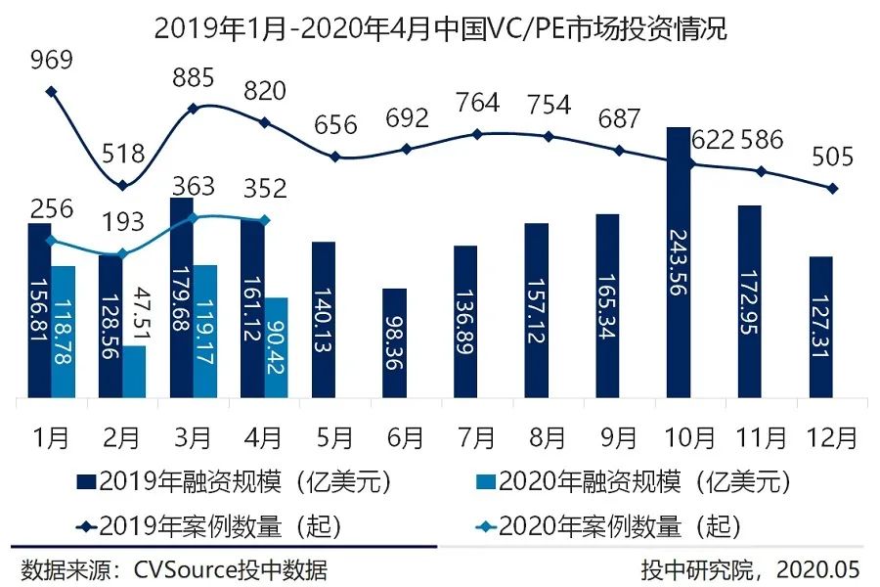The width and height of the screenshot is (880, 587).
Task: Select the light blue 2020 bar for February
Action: coord(134,372)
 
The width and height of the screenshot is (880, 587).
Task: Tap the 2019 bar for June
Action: coord(394,343)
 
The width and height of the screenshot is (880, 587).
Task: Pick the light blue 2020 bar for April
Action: coord(276,347)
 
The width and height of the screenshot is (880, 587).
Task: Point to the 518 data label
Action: coord(122,154)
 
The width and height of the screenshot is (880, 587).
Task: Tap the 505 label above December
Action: coord(833,157)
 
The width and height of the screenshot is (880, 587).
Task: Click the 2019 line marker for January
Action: coord(51,92)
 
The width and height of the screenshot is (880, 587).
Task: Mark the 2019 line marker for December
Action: coord(833,188)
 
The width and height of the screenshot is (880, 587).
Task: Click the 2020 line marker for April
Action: coord(265,219)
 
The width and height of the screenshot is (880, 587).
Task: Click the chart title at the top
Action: coord(440,27)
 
